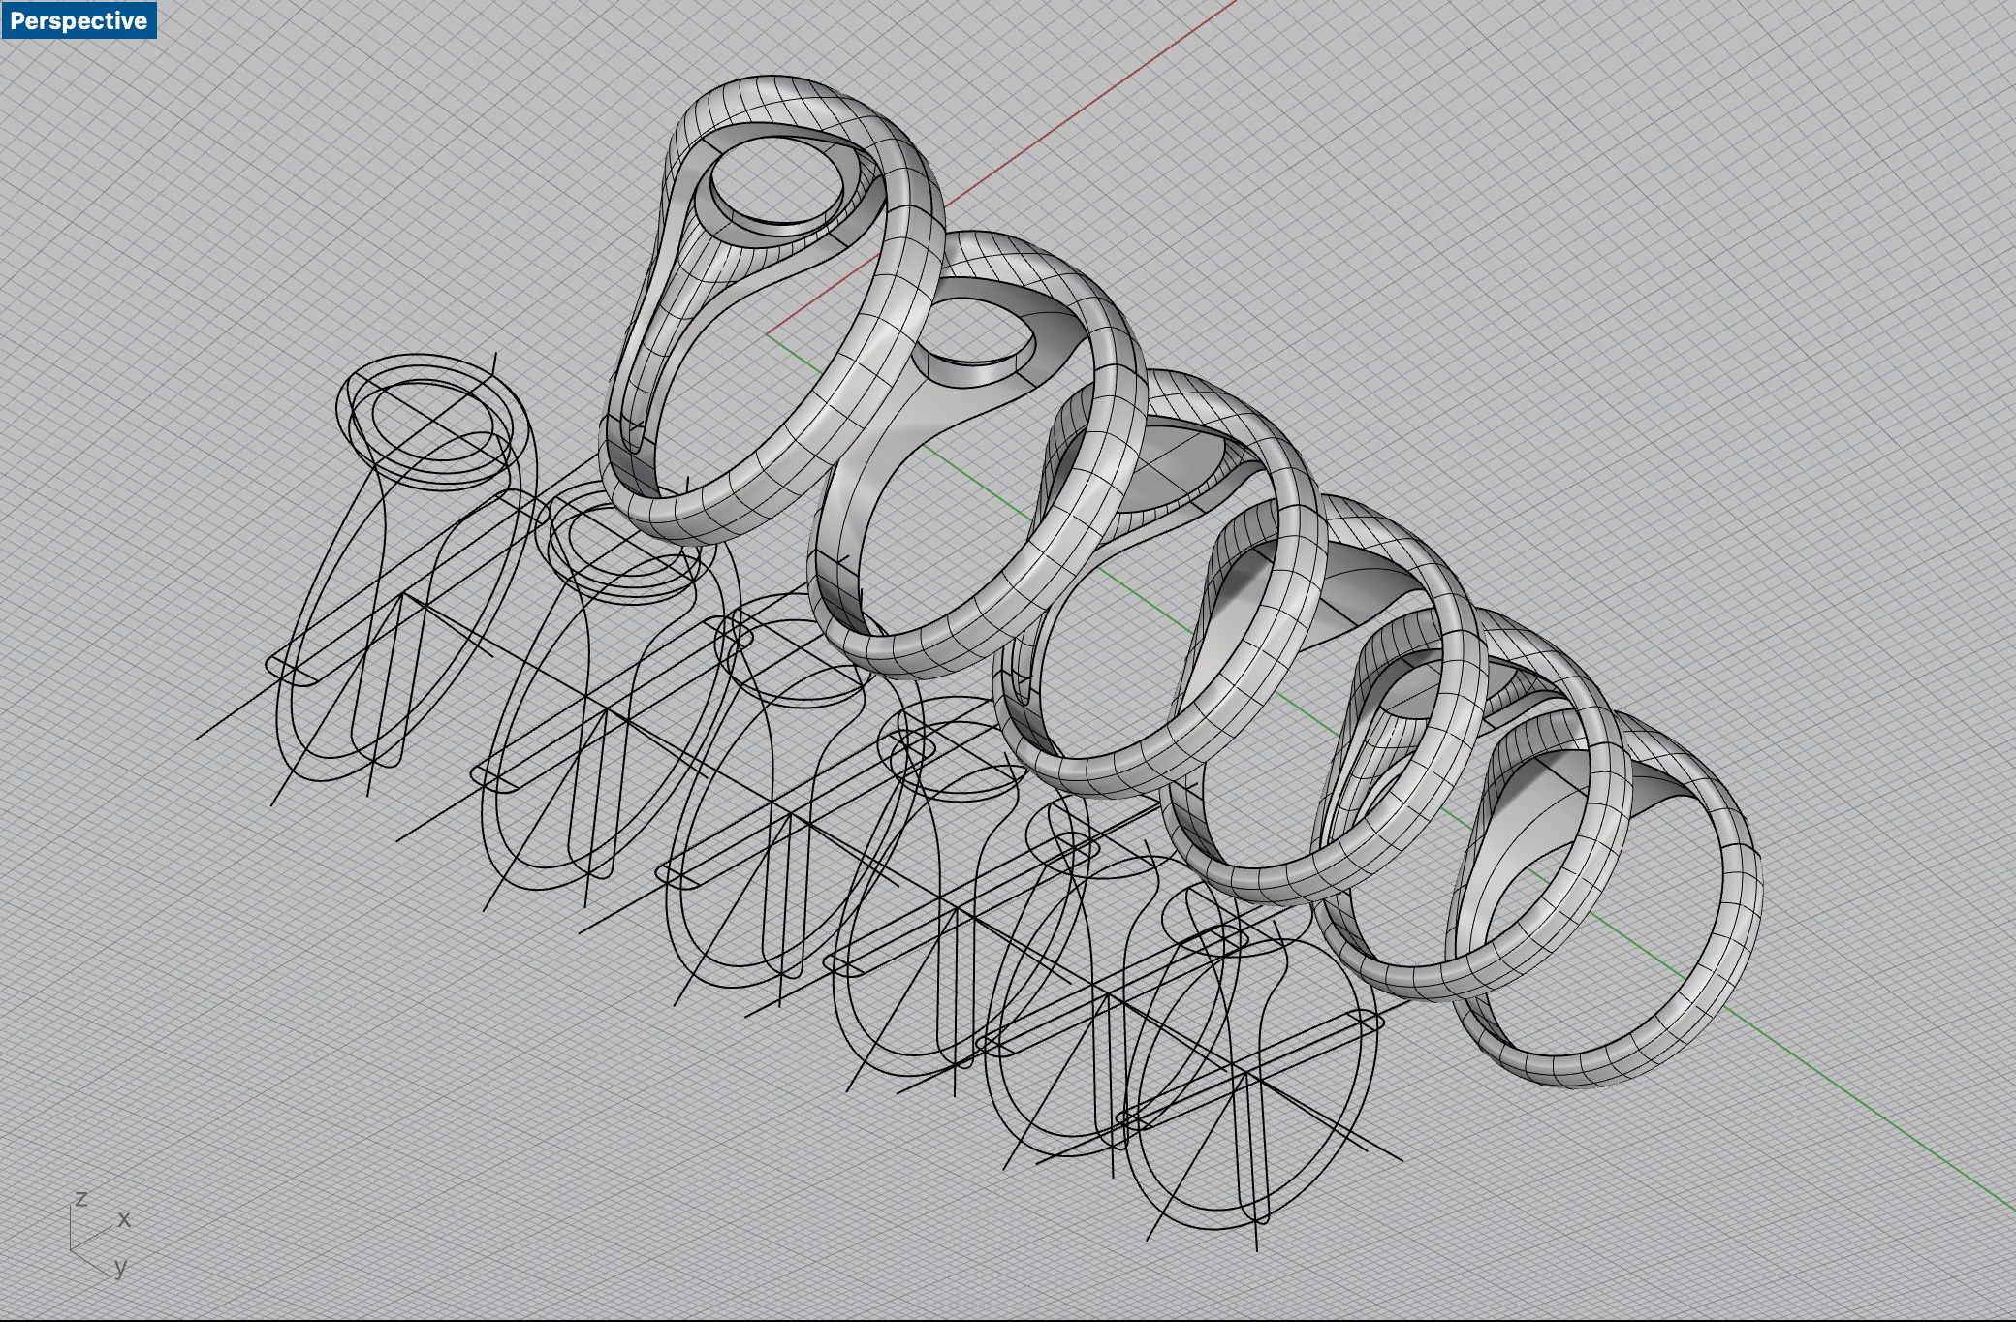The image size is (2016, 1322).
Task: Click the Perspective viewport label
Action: pyautogui.click(x=79, y=20)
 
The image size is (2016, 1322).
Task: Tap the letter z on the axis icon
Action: pyautogui.click(x=81, y=1199)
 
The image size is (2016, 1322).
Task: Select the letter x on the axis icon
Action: pyautogui.click(x=124, y=1219)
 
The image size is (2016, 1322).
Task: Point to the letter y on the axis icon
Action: pyautogui.click(x=121, y=1267)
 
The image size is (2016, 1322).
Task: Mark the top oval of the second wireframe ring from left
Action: pyautogui.click(x=620, y=543)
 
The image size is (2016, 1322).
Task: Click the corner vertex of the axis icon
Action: pyautogui.click(x=72, y=1249)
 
